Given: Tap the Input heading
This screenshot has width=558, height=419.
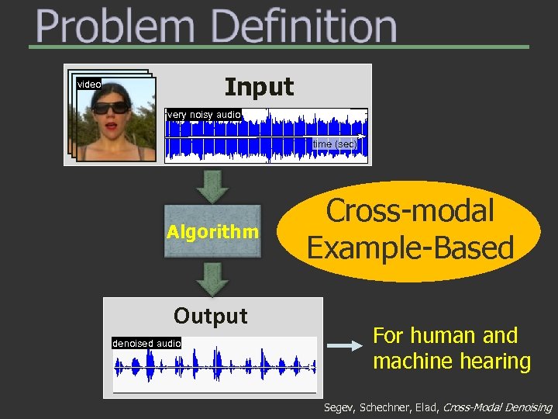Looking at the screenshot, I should [259, 86].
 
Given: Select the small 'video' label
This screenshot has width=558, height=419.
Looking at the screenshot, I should [88, 84].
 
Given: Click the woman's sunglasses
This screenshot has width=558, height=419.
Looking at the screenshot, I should [112, 107].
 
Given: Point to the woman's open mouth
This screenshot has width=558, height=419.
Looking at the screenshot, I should [113, 124].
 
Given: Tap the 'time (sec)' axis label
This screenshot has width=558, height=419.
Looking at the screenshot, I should [334, 144].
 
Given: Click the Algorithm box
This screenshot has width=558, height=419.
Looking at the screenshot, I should [213, 231].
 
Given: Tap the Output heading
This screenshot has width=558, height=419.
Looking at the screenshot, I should [211, 316].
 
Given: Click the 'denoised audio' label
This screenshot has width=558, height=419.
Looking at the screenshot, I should [146, 343].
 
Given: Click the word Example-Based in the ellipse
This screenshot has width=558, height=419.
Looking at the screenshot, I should [410, 248].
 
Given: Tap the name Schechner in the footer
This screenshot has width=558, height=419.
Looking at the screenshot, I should [383, 407].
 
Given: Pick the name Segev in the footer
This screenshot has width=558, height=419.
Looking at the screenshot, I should [338, 407].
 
